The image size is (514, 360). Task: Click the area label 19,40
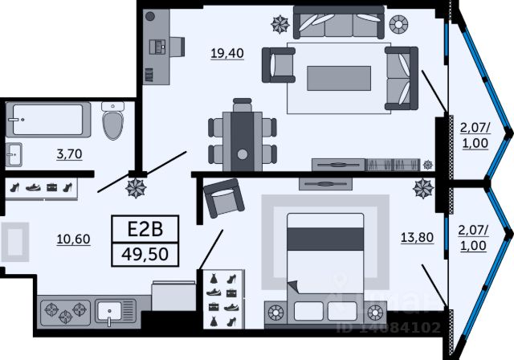coord(227,54)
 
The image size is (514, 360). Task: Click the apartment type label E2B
coord(146,229)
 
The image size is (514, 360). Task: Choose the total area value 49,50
coord(146,255)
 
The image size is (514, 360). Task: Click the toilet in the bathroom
coord(113,124)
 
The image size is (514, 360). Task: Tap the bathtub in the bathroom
coord(46,121)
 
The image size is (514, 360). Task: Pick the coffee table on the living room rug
coord(339,77)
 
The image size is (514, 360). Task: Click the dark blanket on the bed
coord(320,239)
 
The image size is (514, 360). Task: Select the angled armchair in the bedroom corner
coord(224,201)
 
